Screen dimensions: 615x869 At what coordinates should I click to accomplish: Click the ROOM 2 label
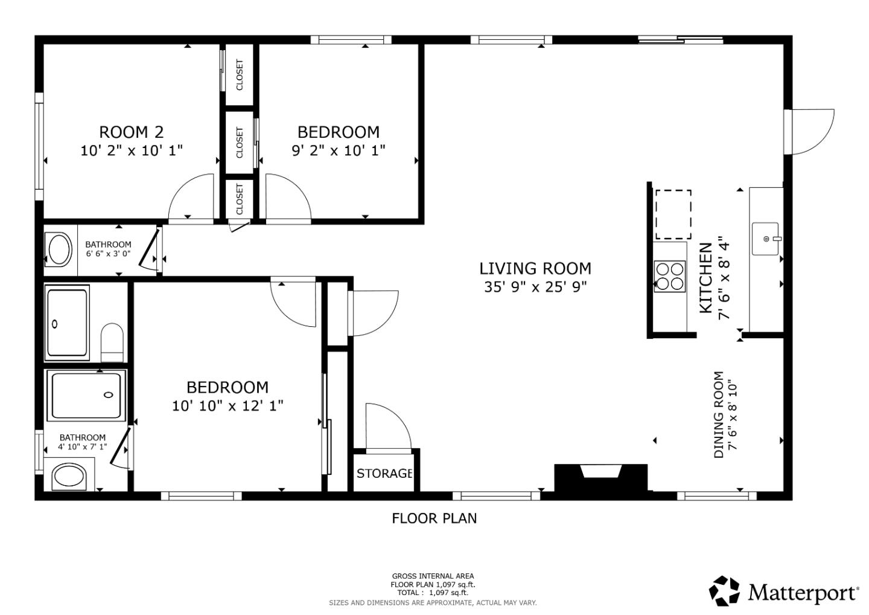tap(131, 132)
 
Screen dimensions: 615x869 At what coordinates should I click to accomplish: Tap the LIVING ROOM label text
tap(535, 268)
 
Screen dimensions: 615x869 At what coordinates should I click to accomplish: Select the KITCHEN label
tap(705, 278)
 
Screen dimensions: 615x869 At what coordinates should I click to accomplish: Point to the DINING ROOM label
tap(719, 414)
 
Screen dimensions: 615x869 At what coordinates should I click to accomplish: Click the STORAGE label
tap(384, 473)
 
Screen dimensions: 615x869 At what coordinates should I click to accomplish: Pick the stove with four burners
tap(670, 276)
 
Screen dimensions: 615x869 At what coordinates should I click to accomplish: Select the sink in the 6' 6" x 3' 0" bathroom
tap(59, 250)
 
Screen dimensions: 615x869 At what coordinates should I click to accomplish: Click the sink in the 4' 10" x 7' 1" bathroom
tap(69, 477)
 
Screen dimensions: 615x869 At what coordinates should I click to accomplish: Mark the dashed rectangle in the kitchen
tap(673, 214)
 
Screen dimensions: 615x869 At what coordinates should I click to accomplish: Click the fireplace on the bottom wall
tap(600, 477)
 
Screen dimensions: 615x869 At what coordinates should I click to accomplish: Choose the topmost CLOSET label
tap(240, 75)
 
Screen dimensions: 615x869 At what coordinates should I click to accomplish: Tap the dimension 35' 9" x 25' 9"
tap(535, 286)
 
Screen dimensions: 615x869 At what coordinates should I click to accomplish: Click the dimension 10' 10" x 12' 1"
tap(228, 405)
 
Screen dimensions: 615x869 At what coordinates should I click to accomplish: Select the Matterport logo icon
tap(724, 591)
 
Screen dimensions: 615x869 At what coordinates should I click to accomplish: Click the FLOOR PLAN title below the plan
tap(434, 518)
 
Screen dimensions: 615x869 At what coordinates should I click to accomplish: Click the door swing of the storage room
tap(387, 427)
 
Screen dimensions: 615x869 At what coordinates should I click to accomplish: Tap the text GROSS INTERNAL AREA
tap(433, 576)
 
